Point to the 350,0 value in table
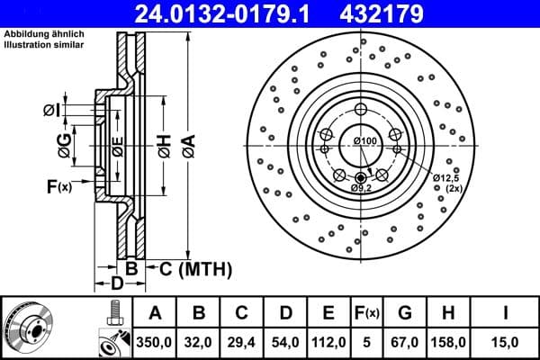(155, 342)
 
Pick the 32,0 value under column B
(200, 342)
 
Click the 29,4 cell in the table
(242, 342)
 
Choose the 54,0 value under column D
(286, 342)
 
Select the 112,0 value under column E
(329, 342)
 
